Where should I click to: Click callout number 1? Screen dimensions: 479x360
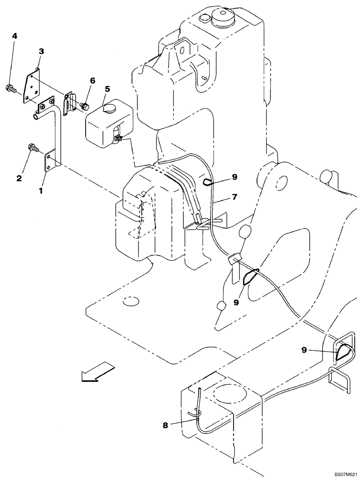(x=41, y=190)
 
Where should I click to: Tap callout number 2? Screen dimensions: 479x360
(x=19, y=178)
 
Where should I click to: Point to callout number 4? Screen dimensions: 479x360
(x=14, y=36)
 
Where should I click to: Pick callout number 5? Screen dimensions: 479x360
(x=107, y=89)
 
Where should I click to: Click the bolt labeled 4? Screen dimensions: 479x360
(x=11, y=88)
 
